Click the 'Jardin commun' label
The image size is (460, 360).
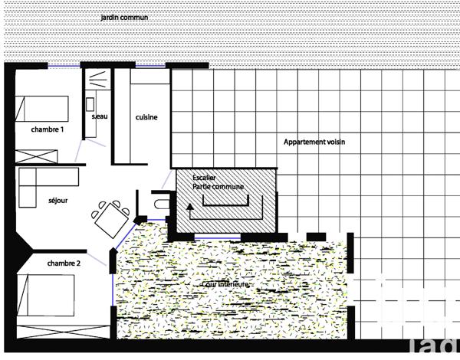pos(124,16)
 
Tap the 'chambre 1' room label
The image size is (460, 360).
pos(47,130)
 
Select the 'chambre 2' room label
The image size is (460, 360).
pos(64,263)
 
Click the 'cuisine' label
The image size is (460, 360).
pos(146,117)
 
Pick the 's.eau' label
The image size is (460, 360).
pos(99,117)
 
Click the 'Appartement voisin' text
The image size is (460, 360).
pos(315,142)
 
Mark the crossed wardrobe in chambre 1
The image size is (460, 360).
pos(36,155)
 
